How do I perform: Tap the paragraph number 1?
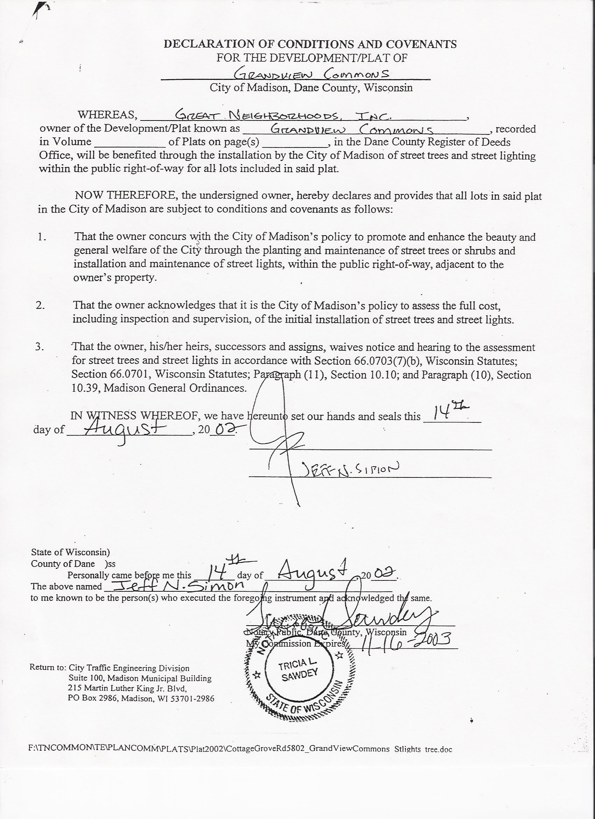coord(42,237)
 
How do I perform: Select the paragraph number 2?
coord(40,305)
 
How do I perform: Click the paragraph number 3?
coord(40,347)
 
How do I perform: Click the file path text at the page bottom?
coord(240,749)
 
